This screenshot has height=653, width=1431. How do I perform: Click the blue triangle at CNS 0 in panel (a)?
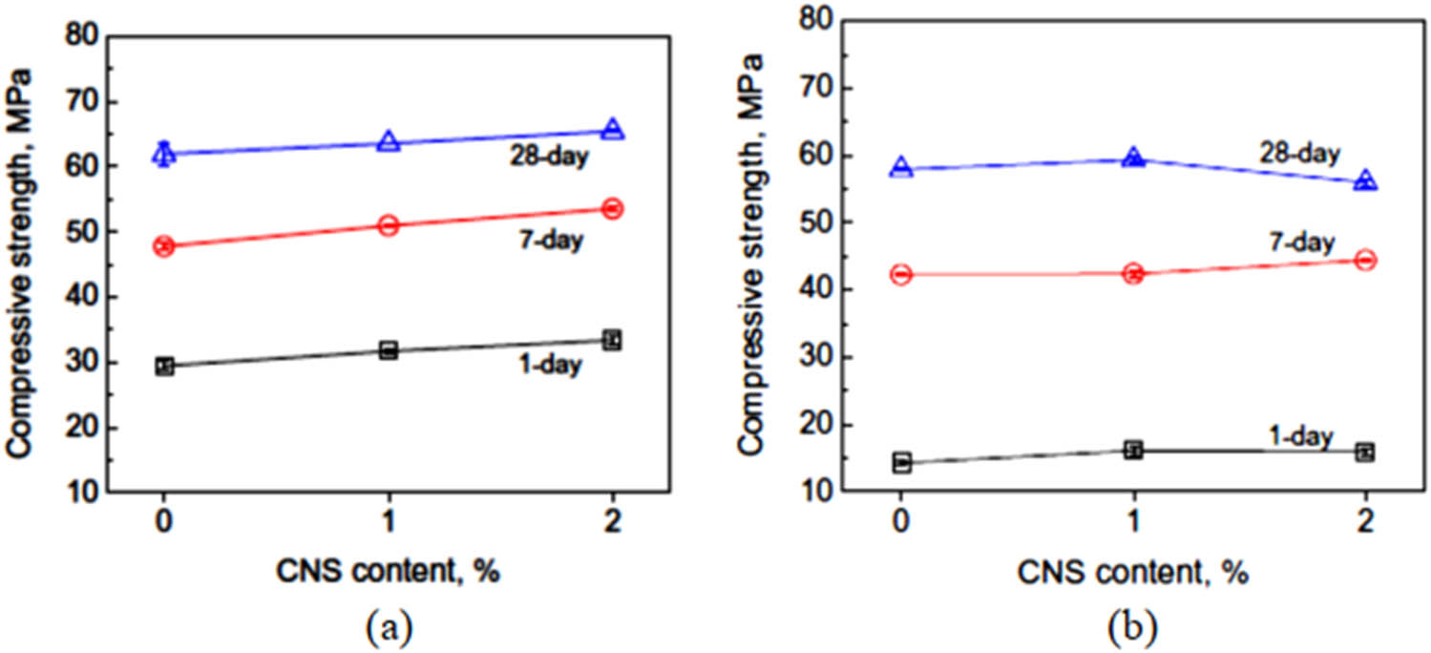point(164,154)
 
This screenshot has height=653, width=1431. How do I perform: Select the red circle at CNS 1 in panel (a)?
point(389,226)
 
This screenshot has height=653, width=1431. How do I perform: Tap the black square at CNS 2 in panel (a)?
point(613,340)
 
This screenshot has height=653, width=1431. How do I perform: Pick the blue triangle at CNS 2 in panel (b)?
point(1365,180)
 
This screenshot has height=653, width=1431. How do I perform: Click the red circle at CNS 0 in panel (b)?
point(901,275)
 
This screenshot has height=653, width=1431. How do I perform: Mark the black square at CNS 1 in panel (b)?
point(1133,450)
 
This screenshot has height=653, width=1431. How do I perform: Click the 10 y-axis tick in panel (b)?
point(815,491)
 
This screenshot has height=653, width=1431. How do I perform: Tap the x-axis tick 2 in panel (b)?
point(1365,523)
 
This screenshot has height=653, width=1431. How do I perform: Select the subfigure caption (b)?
point(1132,628)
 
